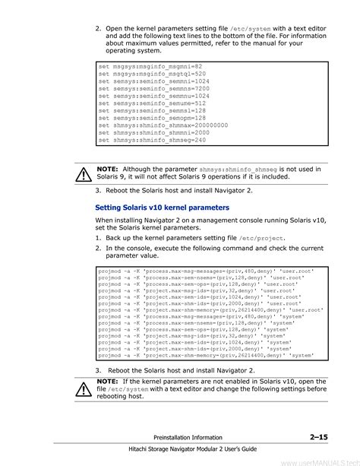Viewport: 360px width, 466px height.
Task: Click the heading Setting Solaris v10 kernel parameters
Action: point(162,207)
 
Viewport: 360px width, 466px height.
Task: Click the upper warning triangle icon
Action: point(82,174)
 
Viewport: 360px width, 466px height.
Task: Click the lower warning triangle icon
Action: point(82,388)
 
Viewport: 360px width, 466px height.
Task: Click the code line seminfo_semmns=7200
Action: point(144,89)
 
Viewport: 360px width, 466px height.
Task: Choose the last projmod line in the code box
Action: point(196,355)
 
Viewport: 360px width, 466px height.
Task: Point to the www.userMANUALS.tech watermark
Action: point(319,461)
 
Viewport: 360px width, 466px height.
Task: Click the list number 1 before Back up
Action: point(98,237)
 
